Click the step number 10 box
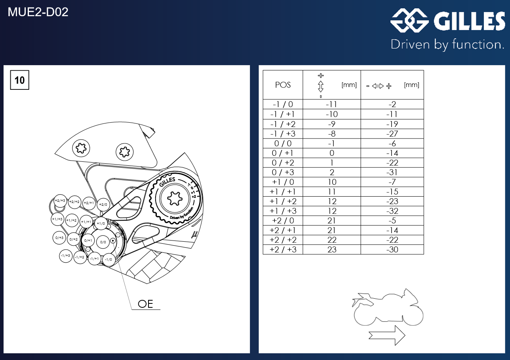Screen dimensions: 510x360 [x=19, y=80]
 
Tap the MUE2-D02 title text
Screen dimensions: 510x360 [x=38, y=12]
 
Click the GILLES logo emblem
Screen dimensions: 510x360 [x=409, y=20]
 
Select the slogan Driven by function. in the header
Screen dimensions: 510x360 [x=447, y=45]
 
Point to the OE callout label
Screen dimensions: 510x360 [x=145, y=304]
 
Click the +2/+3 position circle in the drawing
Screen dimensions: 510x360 [x=60, y=201]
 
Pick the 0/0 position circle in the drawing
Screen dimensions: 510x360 [x=103, y=242]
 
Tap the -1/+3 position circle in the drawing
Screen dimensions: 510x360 [x=66, y=256]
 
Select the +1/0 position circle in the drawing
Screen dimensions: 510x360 [x=101, y=224]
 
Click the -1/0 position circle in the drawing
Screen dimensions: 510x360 [x=108, y=260]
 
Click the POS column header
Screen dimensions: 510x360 [x=283, y=85]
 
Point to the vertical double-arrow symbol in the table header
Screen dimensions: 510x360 [x=321, y=86]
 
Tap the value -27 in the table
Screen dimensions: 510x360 [x=392, y=134]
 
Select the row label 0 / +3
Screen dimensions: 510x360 [x=283, y=172]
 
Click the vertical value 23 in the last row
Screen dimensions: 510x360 [x=332, y=250]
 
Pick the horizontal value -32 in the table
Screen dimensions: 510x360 [x=392, y=211]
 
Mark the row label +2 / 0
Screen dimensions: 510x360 [x=283, y=221]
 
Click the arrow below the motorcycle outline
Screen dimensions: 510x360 [x=387, y=335]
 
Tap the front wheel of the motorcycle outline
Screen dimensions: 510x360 [x=413, y=315]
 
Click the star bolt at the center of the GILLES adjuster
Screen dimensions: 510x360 [x=175, y=198]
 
